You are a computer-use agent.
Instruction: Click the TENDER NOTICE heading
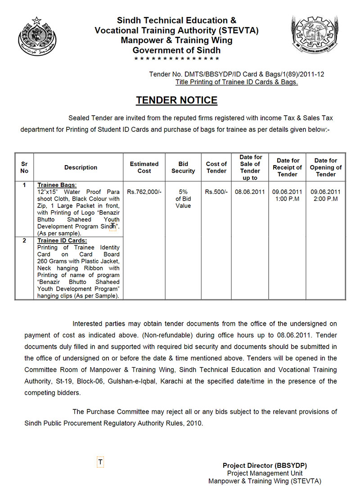(176, 100)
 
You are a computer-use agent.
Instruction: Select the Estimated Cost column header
(144, 167)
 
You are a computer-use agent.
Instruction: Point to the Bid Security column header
(183, 167)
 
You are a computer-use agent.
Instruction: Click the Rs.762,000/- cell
(144, 192)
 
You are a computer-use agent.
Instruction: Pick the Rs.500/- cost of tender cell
(216, 192)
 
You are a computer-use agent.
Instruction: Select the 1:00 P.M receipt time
(287, 199)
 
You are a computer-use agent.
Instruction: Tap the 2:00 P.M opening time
(325, 199)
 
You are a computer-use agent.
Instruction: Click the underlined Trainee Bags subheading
(57, 185)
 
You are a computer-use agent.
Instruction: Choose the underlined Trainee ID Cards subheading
(62, 241)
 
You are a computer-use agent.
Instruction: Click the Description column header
(81, 167)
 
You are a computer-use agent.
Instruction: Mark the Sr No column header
(24, 167)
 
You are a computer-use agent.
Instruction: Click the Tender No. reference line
(236, 74)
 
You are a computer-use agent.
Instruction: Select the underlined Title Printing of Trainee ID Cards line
(236, 82)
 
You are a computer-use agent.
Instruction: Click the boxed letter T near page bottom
(100, 462)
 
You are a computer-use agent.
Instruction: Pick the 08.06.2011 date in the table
(250, 192)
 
